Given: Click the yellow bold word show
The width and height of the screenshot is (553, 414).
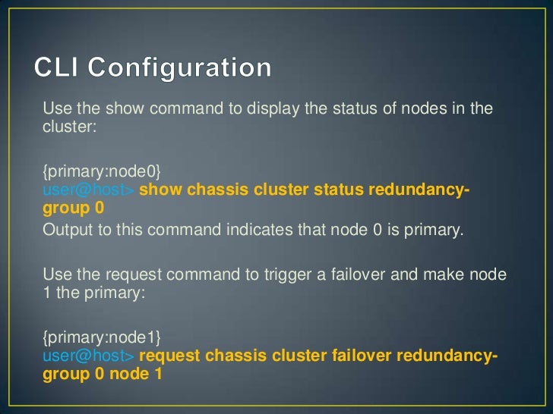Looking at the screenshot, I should [x=160, y=190].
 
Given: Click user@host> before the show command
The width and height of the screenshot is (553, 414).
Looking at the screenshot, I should [x=88, y=190].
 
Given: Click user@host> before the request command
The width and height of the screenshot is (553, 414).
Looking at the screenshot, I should [x=88, y=353].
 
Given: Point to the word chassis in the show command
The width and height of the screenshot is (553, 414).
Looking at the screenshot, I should [x=217, y=190].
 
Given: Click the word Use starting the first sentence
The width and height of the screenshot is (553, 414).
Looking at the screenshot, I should [x=55, y=108].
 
